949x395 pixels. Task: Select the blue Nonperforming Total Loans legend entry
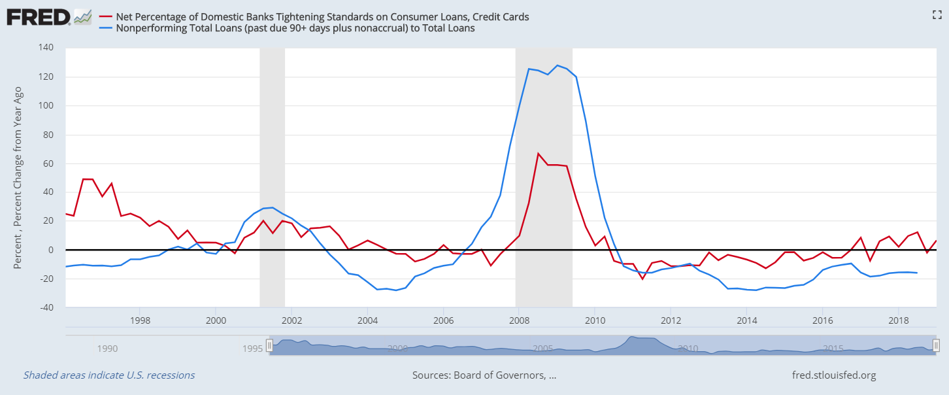[295, 28]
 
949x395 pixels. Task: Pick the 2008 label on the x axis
[519, 320]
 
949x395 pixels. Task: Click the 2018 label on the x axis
[898, 320]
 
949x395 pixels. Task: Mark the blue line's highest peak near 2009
[557, 65]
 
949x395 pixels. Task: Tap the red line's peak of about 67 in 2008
[538, 154]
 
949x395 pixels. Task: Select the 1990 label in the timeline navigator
[107, 349]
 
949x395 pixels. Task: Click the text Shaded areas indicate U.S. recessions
[109, 375]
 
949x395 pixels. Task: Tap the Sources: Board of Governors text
[484, 375]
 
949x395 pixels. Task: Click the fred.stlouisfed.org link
[833, 375]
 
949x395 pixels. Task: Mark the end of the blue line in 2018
[917, 273]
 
